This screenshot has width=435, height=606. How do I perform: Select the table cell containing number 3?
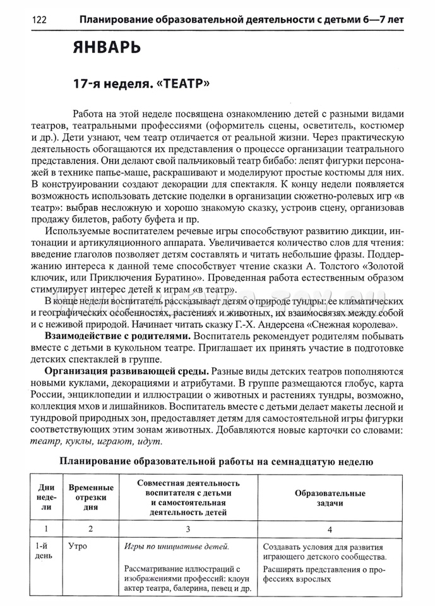[188, 529]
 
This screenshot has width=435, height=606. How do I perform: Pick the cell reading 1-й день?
[46, 552]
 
